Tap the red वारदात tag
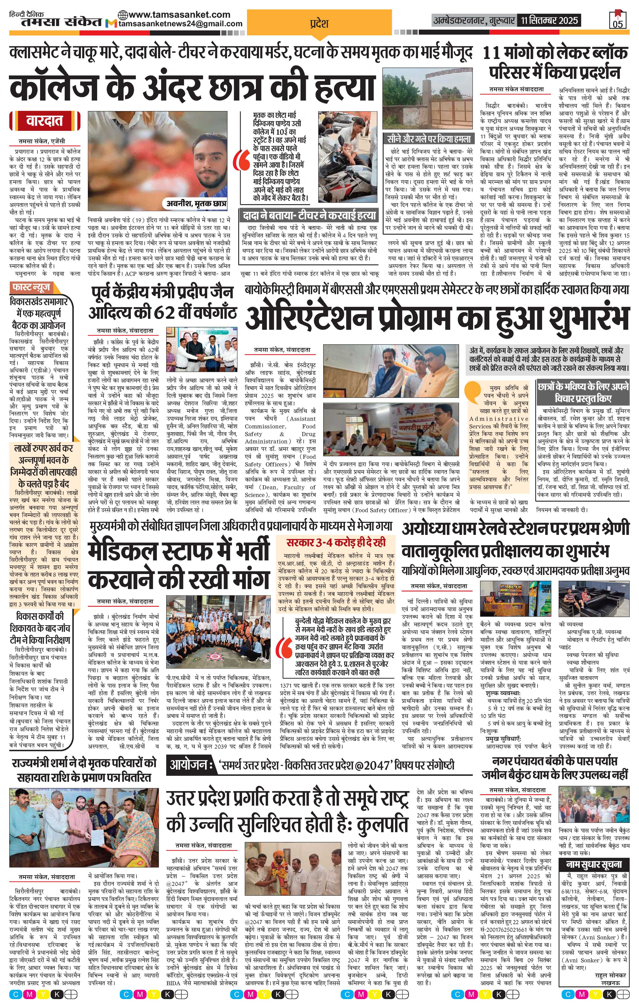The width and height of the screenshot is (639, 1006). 44,121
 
